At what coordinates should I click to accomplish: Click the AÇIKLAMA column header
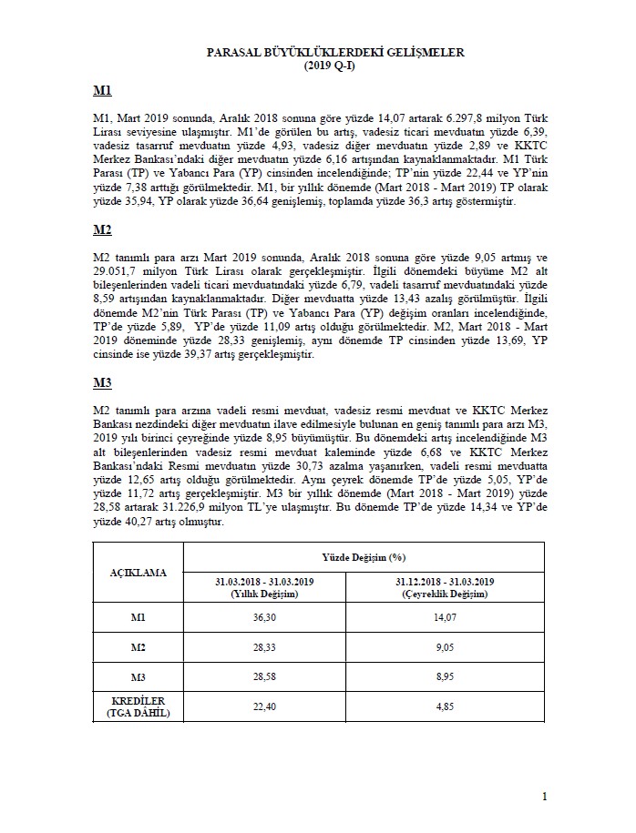[x=138, y=574]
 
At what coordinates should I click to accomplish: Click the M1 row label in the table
[x=138, y=617]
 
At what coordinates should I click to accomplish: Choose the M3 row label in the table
[x=138, y=678]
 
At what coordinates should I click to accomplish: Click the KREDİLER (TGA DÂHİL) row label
[x=138, y=708]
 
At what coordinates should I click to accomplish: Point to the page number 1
[x=544, y=798]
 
